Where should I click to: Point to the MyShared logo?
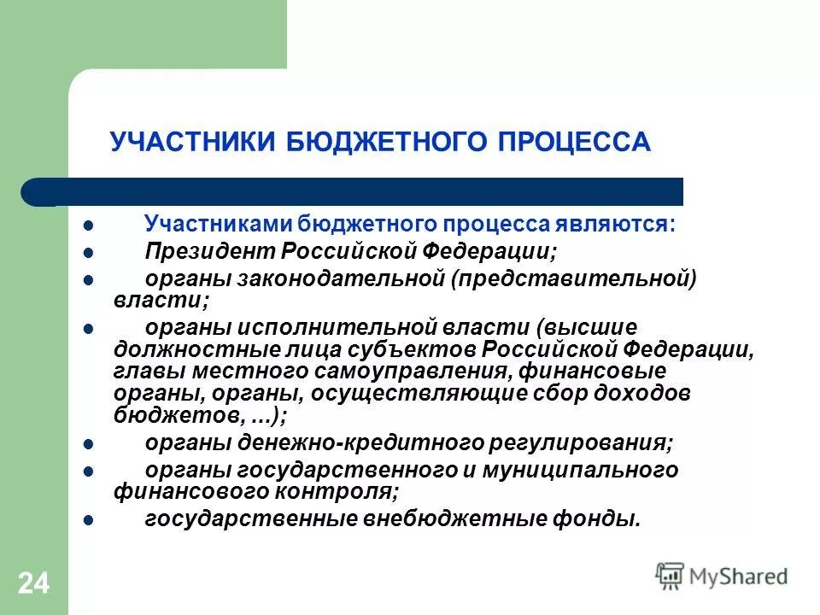point(722,575)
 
